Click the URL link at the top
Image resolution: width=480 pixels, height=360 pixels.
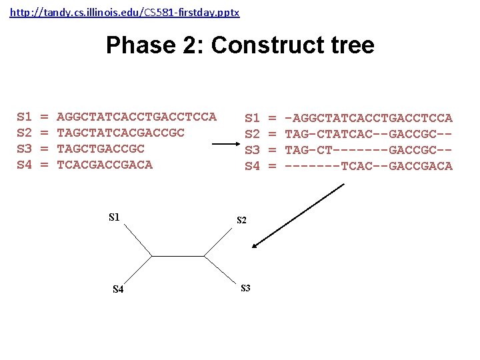tap(125, 13)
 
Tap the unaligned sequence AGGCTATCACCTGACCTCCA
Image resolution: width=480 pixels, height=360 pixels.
tap(137, 117)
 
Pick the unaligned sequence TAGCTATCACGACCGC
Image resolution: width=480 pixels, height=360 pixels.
tap(121, 133)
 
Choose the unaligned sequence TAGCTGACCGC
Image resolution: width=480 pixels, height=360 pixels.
tap(101, 149)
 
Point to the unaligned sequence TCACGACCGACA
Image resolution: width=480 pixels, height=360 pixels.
tap(105, 165)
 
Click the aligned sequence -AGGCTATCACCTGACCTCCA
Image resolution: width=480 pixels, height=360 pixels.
tap(369, 118)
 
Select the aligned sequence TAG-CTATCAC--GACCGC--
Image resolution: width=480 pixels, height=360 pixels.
tap(369, 134)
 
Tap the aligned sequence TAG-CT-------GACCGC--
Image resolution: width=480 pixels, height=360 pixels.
tap(369, 150)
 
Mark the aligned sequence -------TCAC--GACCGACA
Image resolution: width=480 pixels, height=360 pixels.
tap(369, 166)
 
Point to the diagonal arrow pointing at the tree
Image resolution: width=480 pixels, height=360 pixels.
tap(298, 215)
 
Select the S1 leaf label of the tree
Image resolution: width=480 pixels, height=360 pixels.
tap(114, 217)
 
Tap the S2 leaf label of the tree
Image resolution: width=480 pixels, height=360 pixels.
tap(242, 221)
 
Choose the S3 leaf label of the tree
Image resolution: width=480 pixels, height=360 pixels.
tap(245, 288)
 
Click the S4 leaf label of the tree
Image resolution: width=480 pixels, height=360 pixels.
tap(118, 289)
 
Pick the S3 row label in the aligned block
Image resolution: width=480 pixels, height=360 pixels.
tap(252, 150)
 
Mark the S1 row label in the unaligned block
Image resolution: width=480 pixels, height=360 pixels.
tap(24, 117)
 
